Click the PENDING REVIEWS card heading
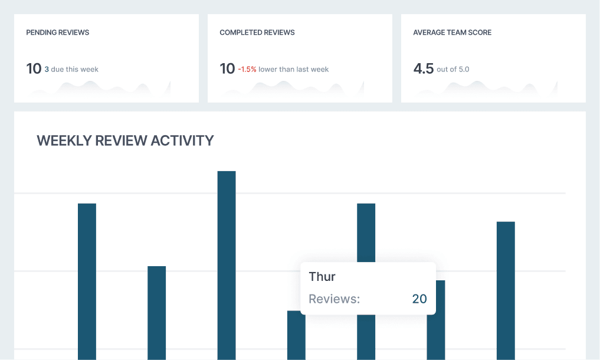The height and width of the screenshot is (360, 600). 58,32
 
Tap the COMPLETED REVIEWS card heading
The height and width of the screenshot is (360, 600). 257,32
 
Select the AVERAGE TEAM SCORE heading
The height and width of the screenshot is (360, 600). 453,32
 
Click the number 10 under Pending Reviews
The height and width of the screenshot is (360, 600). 34,69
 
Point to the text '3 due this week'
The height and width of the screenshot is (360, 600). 71,70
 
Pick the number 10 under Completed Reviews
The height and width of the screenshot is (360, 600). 227,69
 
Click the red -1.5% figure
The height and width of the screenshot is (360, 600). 247,70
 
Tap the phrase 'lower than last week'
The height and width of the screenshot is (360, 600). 294,70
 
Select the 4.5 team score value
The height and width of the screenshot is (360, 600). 423,69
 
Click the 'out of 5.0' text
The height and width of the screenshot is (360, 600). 453,70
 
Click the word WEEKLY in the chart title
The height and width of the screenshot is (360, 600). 63,140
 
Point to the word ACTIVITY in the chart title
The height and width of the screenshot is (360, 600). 182,140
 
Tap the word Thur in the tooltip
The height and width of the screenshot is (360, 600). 322,277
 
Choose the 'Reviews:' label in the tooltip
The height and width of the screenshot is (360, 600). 334,299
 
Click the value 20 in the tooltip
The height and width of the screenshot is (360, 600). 419,299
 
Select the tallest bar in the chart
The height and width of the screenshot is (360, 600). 227,266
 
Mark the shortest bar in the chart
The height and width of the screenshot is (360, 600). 296,336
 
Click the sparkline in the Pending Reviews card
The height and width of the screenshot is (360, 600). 100,89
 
